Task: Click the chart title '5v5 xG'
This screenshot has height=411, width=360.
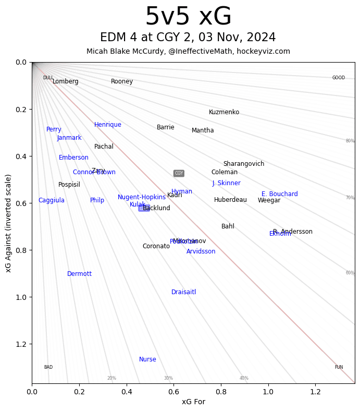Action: click(188, 17)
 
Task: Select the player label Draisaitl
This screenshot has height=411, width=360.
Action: click(184, 292)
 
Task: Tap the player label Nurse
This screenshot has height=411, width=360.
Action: click(147, 359)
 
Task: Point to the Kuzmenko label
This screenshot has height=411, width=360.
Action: click(224, 112)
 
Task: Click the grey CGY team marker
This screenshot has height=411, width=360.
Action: click(179, 173)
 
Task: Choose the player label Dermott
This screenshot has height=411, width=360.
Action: click(79, 274)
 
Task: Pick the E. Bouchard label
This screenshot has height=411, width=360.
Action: click(280, 194)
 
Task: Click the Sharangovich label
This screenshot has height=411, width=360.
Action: click(244, 164)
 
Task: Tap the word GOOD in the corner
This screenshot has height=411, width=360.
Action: click(339, 78)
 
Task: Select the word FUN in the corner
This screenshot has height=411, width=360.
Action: click(339, 367)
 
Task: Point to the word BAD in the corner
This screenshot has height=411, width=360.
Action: click(48, 367)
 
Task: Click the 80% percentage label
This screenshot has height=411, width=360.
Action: click(350, 141)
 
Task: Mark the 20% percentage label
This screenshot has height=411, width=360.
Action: click(111, 378)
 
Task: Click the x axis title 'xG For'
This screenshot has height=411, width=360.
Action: click(193, 402)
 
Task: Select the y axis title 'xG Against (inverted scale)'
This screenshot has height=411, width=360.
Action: click(9, 223)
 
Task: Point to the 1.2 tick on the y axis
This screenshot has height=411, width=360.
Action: click(21, 344)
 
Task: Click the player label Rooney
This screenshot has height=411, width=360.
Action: click(122, 81)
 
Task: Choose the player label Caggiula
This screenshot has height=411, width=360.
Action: click(52, 200)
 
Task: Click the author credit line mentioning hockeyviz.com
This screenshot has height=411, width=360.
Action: click(188, 51)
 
